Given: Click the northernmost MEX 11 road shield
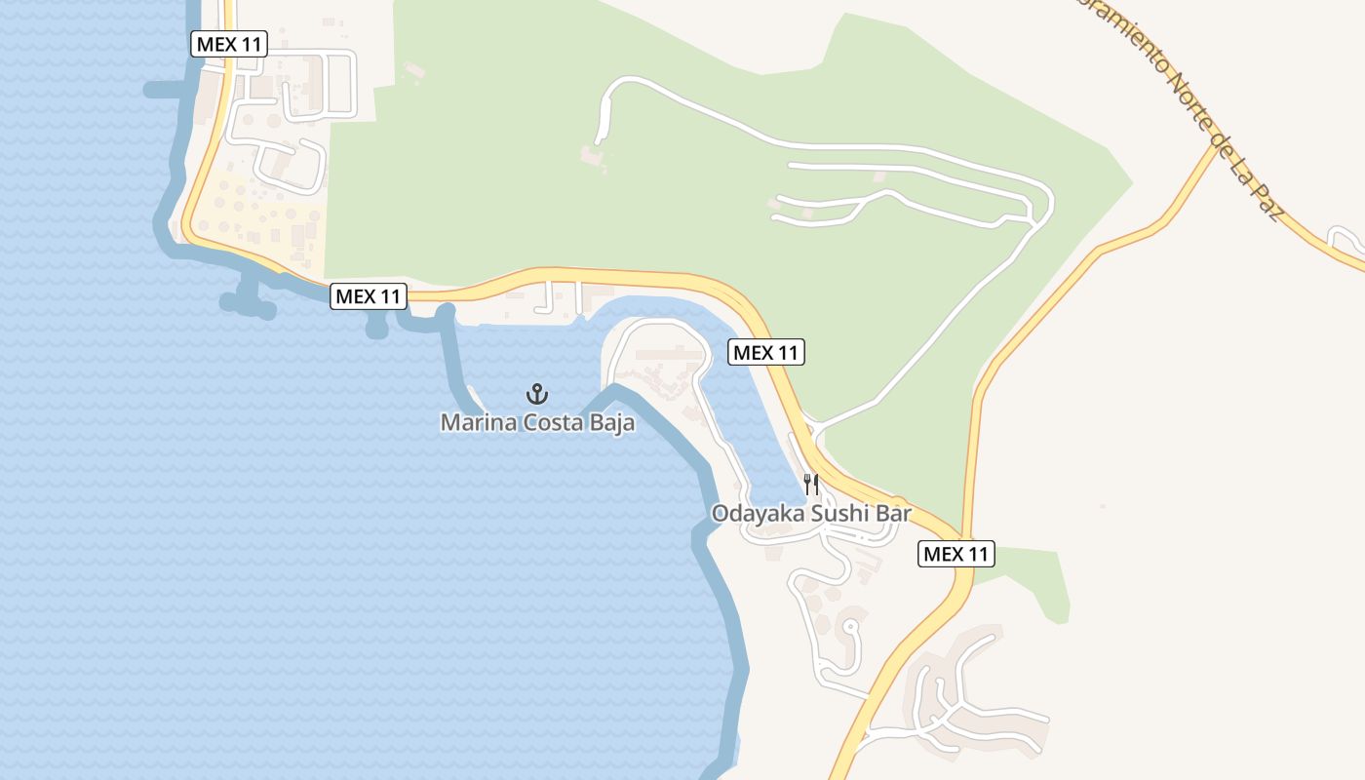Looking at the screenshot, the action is [229, 44].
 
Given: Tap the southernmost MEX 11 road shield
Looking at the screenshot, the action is [956, 554].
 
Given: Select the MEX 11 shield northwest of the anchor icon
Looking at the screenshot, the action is [369, 296].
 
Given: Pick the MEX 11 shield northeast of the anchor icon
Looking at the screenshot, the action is [766, 352].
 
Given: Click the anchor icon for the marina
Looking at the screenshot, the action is [537, 394].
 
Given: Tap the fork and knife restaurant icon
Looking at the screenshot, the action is [810, 484].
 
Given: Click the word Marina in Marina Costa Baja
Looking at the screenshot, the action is [476, 423].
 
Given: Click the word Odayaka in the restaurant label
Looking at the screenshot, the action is [752, 513].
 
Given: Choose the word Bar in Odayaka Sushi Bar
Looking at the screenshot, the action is [894, 513].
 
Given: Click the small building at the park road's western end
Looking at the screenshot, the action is [591, 155].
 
